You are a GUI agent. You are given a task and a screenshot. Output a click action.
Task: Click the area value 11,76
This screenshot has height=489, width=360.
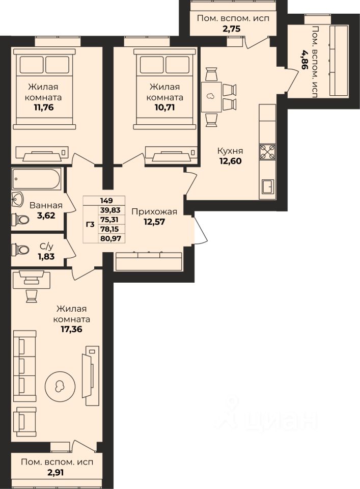(44, 107)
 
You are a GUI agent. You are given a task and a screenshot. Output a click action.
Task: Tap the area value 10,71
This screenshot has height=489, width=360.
(164, 107)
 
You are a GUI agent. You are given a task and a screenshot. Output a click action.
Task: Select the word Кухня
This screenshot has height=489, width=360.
(230, 151)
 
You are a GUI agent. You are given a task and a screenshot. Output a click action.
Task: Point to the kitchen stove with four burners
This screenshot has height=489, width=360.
(267, 152)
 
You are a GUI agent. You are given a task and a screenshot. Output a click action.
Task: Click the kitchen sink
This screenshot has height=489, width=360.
(267, 187)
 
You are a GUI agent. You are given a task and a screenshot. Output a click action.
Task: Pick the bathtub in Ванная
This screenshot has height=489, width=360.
(37, 179)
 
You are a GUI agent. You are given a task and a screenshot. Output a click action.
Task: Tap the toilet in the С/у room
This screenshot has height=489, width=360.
(20, 249)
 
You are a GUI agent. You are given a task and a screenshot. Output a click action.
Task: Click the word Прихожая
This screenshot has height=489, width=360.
(154, 212)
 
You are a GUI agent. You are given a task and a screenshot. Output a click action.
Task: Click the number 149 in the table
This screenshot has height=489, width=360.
(106, 201)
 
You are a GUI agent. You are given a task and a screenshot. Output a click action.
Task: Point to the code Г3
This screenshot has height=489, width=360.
(90, 224)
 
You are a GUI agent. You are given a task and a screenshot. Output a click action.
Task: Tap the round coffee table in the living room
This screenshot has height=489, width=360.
(60, 387)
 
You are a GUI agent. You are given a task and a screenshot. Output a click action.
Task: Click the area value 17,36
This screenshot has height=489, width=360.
(72, 329)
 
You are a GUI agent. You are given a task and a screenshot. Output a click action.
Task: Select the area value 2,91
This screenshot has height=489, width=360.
(57, 473)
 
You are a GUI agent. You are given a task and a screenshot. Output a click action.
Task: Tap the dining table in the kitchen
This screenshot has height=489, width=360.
(211, 97)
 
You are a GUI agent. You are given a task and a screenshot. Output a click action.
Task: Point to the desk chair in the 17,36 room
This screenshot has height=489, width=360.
(31, 295)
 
